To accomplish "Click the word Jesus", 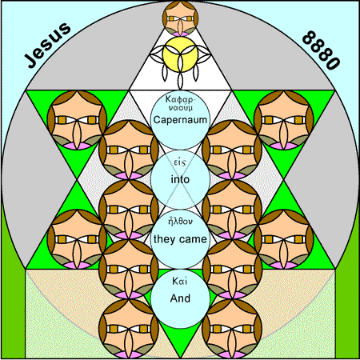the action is point(47,45).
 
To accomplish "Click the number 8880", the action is point(322,50).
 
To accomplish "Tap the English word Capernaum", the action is point(180,120).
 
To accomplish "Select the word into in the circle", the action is point(180,179).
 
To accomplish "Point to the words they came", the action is point(180,239).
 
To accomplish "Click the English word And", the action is point(180,298).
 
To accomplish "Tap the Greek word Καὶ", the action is point(180,281).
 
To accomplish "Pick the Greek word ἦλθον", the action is point(180,222).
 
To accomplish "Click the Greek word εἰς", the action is point(180,162).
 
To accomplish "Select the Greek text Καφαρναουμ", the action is point(180,103).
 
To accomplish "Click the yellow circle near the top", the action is point(180,54).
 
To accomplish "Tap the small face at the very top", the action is point(180,18).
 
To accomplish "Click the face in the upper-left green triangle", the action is point(77,120).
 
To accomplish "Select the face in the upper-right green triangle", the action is point(284,120).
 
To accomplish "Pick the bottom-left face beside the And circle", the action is point(129,329).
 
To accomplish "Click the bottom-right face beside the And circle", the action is point(232,329).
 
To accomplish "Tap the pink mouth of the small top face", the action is point(180,34).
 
